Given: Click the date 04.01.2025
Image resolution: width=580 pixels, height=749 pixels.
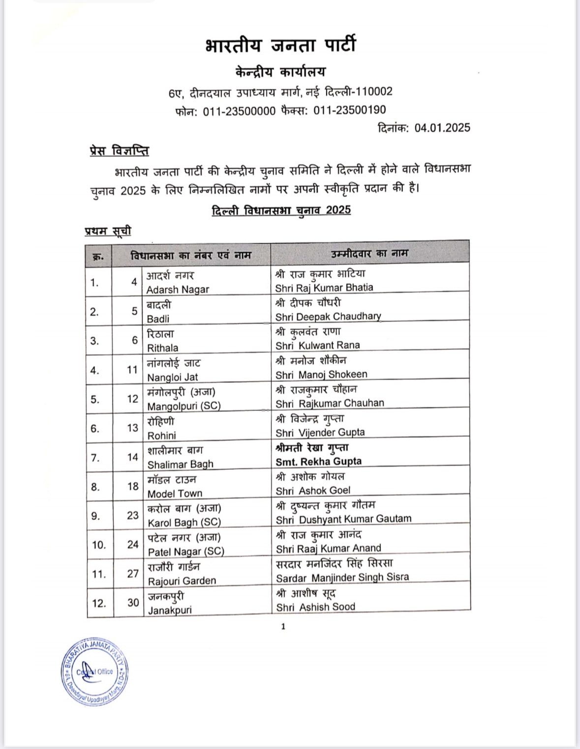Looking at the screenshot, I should point(442,128).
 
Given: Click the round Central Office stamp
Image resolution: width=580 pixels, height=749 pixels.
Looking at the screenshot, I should point(95,672).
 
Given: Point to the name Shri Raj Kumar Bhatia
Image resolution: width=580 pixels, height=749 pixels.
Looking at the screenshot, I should point(324,288).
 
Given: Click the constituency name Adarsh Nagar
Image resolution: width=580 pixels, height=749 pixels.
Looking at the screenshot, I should point(178,289).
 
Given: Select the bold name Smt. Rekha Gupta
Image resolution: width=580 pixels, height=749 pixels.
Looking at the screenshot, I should point(318,461).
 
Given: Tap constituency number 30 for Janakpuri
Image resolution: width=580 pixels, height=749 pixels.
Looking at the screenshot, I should point(133,602).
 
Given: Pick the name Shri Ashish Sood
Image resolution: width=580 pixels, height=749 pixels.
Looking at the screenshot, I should point(315,607).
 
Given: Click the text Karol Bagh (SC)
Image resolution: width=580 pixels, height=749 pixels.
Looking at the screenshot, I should point(184,522).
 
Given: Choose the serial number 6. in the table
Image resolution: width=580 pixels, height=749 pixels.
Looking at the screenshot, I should point(94,428).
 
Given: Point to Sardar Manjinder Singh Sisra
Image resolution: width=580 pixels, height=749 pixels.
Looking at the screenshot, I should point(342,577).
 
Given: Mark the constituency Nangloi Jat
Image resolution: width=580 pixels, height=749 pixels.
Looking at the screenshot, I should point(172,377).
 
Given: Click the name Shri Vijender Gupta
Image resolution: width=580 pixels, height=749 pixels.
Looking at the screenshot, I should point(320,432).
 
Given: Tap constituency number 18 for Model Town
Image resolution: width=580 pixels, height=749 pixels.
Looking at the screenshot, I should point(133,487).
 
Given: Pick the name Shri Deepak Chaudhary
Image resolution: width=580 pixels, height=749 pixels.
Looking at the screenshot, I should point(328,317).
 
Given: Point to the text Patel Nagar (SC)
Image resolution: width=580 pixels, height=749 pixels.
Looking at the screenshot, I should point(185,551).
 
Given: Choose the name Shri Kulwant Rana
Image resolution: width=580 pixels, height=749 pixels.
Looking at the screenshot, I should point(317,345).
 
